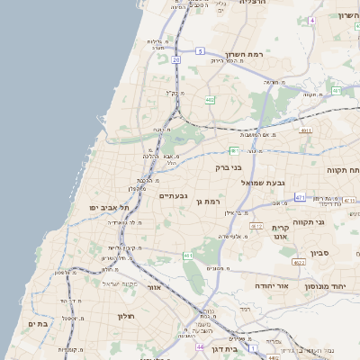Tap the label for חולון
click(x=125, y=316)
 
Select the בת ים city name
click(x=37, y=324)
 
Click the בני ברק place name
click(x=229, y=166)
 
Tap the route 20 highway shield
click(x=176, y=59)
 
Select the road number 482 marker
click(x=210, y=100)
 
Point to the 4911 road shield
click(x=306, y=130)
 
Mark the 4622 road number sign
click(x=298, y=262)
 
